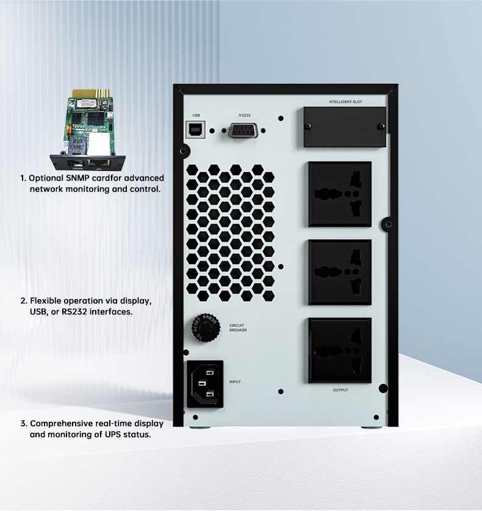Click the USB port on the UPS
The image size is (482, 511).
point(195,129)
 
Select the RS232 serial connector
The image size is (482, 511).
point(243,131)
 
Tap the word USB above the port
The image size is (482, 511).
point(196,115)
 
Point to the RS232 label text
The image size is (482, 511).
point(245,115)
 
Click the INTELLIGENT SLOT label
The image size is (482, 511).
point(345,102)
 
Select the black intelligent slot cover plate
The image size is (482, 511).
point(345,127)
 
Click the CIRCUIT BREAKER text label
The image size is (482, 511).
point(238,328)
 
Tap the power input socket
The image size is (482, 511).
point(205,384)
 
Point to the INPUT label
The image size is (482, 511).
point(235,382)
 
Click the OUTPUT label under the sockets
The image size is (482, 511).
point(340,390)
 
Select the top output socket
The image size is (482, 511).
point(340,194)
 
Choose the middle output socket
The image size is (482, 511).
point(340,272)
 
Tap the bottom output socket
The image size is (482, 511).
point(340,350)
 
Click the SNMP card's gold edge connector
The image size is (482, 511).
point(90,93)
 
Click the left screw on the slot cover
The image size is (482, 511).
point(308,126)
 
